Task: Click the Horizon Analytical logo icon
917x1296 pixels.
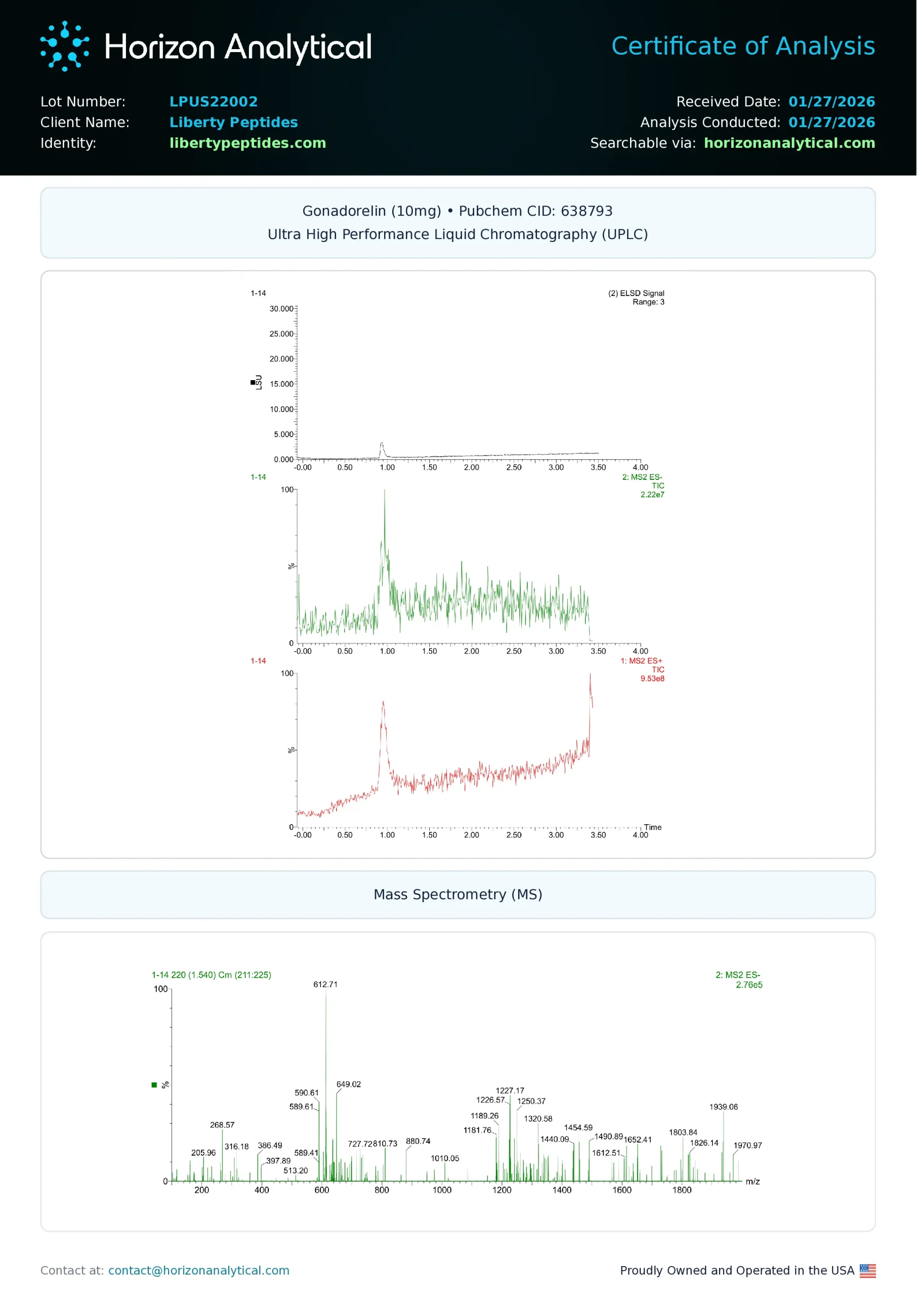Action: [x=64, y=46]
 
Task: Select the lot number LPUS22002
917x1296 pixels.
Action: [x=214, y=102]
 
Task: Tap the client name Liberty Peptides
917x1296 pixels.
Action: [x=233, y=123]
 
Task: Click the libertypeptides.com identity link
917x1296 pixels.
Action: [x=247, y=143]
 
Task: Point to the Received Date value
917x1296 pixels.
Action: [x=831, y=102]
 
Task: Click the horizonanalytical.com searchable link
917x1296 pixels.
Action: [x=789, y=143]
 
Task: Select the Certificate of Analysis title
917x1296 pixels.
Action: [x=742, y=46]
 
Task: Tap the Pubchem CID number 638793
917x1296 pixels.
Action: [x=586, y=211]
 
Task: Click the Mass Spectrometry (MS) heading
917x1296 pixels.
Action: [x=458, y=895]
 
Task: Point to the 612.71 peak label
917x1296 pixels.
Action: [x=325, y=984]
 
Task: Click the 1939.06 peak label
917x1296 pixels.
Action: [x=723, y=1107]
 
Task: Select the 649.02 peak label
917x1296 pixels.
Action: [x=348, y=1084]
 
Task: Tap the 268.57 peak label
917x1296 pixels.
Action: [x=222, y=1125]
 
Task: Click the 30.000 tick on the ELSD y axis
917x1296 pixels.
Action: [x=281, y=309]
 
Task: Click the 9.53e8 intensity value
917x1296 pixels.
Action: [x=652, y=678]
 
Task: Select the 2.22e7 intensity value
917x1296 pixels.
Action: [x=652, y=495]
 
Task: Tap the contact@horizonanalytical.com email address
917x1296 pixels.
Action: [x=199, y=1271]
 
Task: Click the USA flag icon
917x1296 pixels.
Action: [x=867, y=1271]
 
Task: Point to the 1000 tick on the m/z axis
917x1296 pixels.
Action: [x=442, y=1190]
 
